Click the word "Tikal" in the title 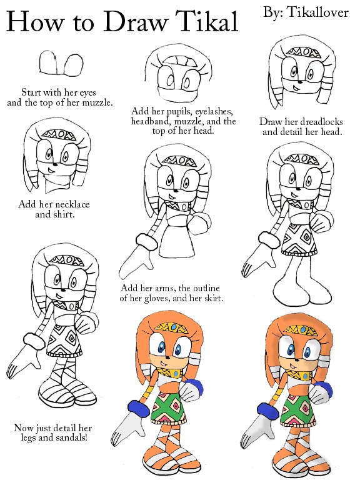pyautogui.click(x=208, y=21)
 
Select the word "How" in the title pyautogui.click(x=34, y=21)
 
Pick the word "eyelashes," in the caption pyautogui.click(x=214, y=111)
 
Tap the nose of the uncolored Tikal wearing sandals pyautogui.click(x=62, y=289)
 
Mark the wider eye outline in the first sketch pyautogui.click(x=74, y=65)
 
